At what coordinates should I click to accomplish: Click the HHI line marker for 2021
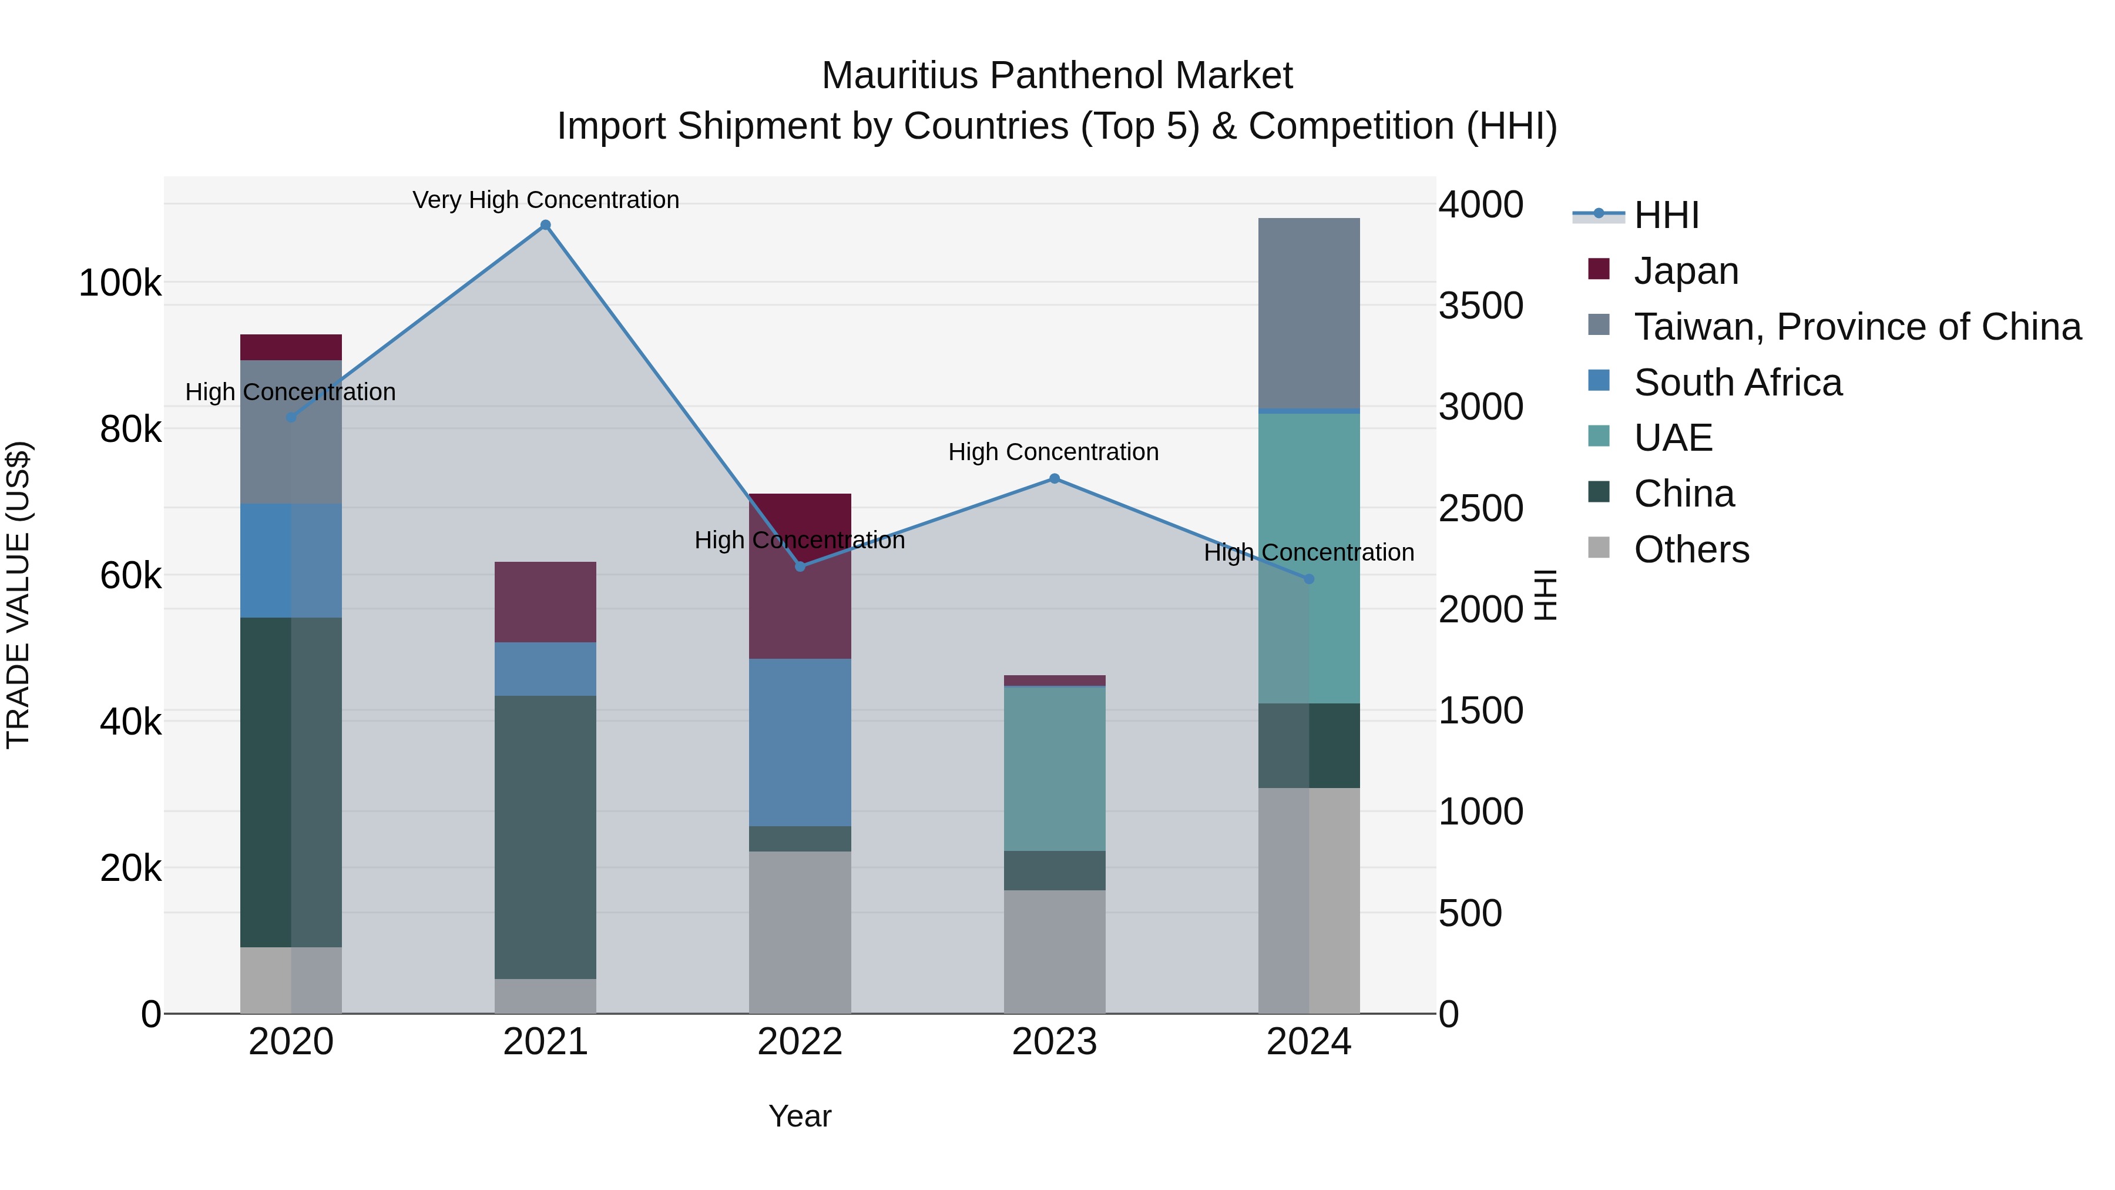point(545,225)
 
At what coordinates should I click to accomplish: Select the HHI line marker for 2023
point(1054,479)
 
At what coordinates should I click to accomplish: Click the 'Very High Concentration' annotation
point(545,200)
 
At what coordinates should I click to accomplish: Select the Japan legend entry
point(1686,270)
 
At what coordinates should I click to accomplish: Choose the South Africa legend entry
point(1737,382)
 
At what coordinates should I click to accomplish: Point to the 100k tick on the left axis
point(120,283)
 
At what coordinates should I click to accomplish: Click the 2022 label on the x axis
point(800,1042)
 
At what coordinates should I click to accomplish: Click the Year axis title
point(800,1116)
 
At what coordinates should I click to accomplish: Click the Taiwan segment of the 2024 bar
point(1309,312)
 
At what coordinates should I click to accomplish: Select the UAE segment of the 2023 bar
point(1054,768)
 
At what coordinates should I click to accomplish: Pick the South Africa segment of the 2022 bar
point(800,742)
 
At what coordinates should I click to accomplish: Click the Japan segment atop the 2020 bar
point(291,347)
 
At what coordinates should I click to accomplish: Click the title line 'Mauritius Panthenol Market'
point(1057,76)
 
